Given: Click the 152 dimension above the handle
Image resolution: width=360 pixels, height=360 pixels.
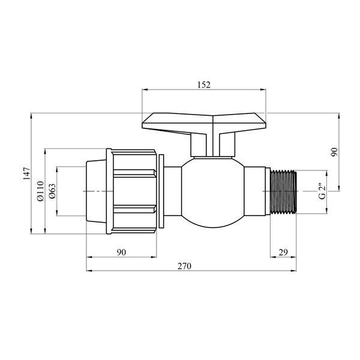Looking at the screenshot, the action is pyautogui.click(x=204, y=85).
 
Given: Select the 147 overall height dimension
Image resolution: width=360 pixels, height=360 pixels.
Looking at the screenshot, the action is pyautogui.click(x=27, y=173).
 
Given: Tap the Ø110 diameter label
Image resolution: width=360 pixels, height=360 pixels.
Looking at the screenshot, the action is pyautogui.click(x=40, y=191).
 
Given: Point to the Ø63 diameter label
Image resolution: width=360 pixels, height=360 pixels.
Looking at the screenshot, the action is pyautogui.click(x=52, y=191).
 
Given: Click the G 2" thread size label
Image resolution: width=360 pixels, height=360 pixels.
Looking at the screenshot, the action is pyautogui.click(x=322, y=191).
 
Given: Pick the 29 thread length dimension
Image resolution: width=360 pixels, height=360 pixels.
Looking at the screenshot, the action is pyautogui.click(x=283, y=253).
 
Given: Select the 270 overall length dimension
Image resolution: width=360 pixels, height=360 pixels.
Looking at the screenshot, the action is pyautogui.click(x=184, y=266).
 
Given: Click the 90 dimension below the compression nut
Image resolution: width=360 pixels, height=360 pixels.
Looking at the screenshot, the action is pyautogui.click(x=121, y=253).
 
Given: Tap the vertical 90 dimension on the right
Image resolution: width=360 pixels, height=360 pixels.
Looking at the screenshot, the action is pyautogui.click(x=335, y=152).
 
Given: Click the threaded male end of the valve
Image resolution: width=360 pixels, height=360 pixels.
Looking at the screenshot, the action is pyautogui.click(x=284, y=192).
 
